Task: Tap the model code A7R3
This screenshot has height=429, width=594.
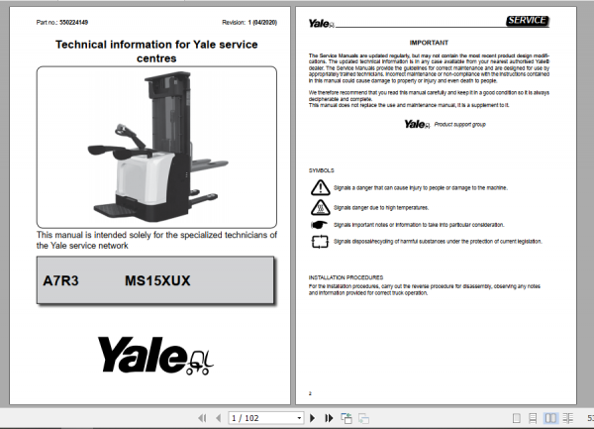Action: (x=60, y=281)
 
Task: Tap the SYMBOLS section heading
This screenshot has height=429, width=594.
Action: (x=323, y=170)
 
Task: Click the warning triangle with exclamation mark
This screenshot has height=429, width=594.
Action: (x=321, y=187)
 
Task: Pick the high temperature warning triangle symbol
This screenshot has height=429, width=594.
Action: (x=321, y=207)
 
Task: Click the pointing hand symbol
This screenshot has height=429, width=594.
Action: (x=321, y=225)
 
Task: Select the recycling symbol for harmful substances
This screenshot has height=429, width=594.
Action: (x=321, y=241)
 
